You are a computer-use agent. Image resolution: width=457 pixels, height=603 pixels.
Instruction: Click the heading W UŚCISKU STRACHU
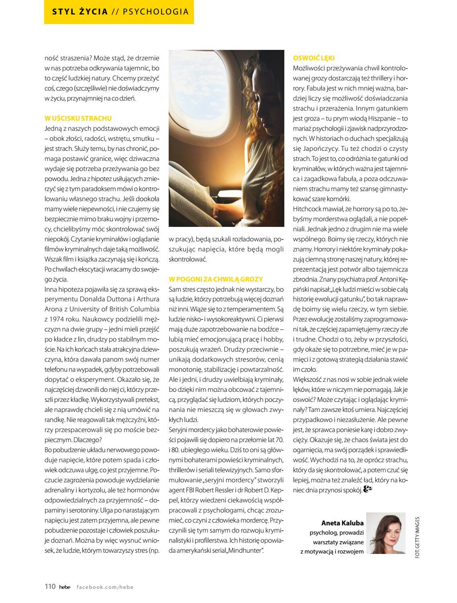pyautogui.click(x=78, y=118)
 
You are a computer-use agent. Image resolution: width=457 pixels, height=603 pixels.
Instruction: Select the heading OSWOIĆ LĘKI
pyautogui.click(x=314, y=58)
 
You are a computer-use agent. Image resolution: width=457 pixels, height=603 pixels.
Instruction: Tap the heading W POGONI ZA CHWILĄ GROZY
pyautogui.click(x=216, y=279)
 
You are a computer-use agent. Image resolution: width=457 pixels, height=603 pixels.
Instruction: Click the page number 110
pyautogui.click(x=50, y=587)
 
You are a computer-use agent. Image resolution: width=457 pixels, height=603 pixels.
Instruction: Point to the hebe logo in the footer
pyautogui.click(x=65, y=587)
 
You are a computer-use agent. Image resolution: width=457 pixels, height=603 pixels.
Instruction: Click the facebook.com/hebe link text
pyautogui.click(x=105, y=587)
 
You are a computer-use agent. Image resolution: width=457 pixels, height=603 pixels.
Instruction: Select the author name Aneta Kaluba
pyautogui.click(x=342, y=523)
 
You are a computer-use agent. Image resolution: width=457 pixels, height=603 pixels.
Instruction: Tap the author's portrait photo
pyautogui.click(x=386, y=533)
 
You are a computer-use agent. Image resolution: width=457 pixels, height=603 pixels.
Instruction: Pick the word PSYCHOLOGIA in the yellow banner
pyautogui.click(x=156, y=12)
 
